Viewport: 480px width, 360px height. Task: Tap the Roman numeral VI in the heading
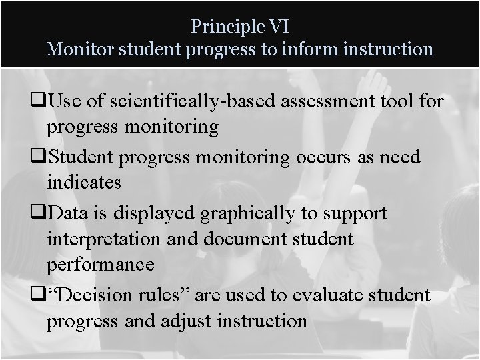[277, 26]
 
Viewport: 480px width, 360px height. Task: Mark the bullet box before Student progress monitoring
[41, 158]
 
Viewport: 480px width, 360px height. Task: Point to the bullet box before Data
[41, 214]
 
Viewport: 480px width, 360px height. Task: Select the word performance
[101, 263]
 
